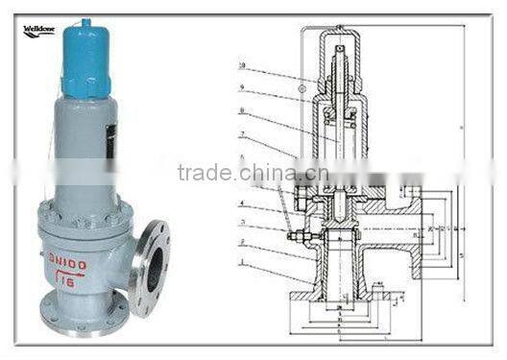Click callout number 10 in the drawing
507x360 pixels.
(242, 66)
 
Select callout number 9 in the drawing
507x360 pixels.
(242, 88)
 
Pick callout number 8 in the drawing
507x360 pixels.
(242, 111)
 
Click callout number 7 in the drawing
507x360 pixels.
(242, 133)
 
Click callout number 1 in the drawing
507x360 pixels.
(242, 260)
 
